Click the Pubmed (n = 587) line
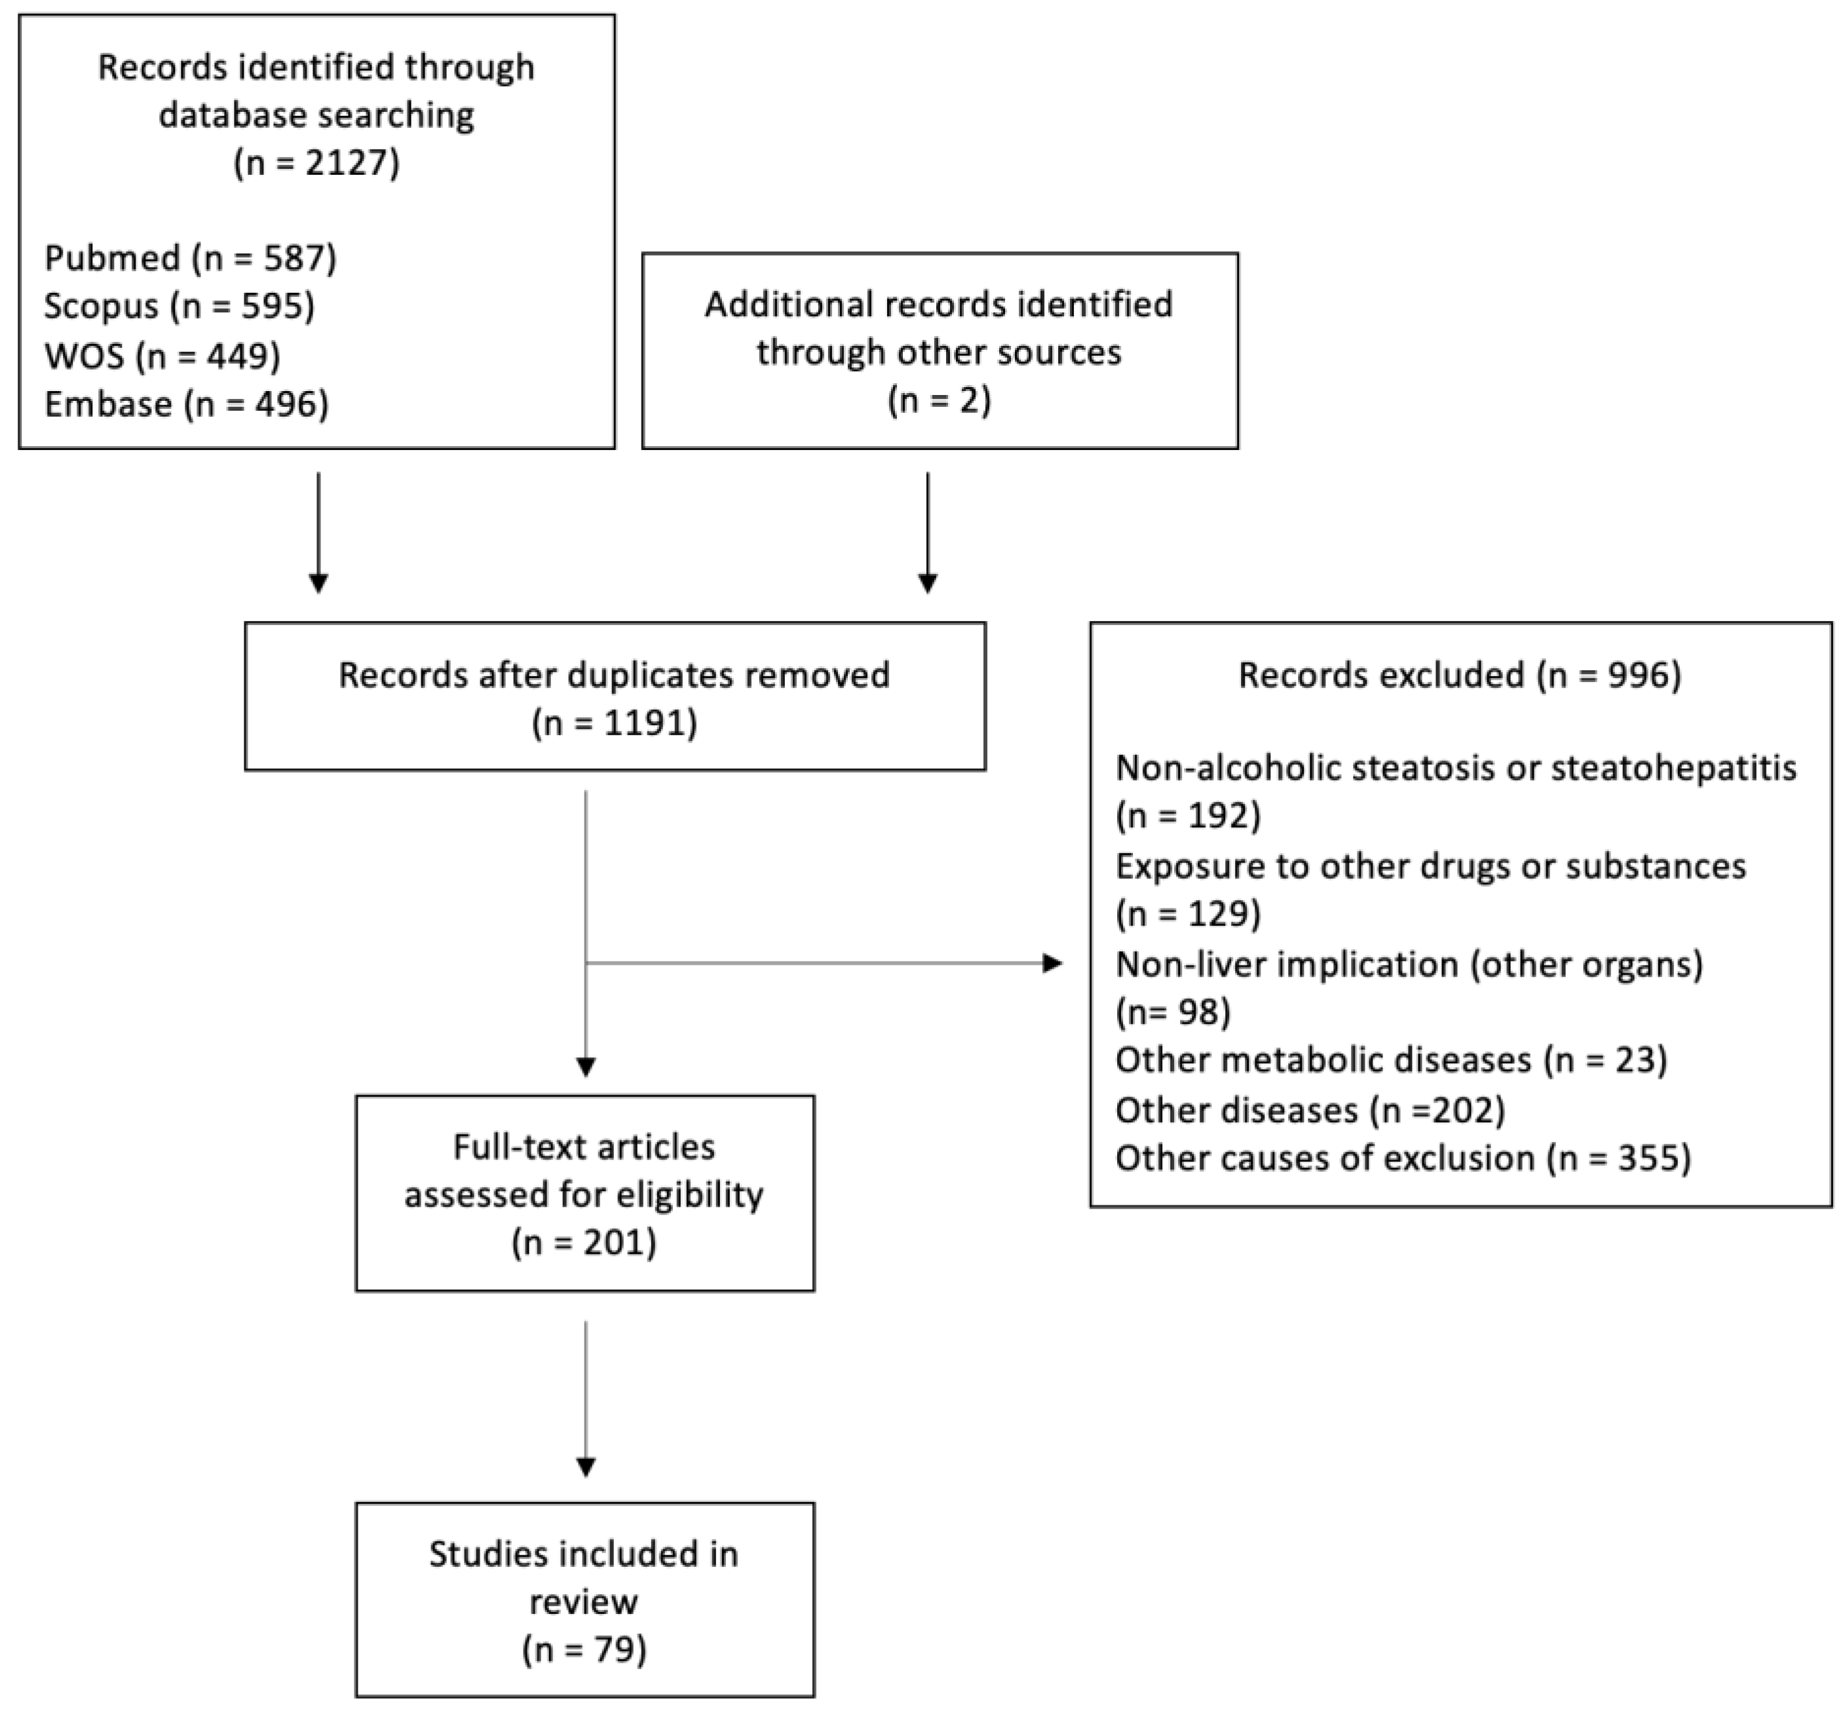point(190,257)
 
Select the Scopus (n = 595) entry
point(179,306)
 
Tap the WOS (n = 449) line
point(162,355)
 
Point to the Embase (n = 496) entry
point(186,404)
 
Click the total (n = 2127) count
point(316,162)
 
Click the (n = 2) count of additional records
point(938,400)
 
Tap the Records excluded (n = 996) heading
point(1459,675)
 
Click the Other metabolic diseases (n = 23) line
point(1391,1059)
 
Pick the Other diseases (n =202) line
point(1309,1110)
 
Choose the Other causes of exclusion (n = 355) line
point(1403,1158)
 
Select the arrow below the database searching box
point(318,533)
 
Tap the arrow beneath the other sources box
point(927,533)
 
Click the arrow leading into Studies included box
point(585,1400)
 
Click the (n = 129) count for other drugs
point(1188,914)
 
